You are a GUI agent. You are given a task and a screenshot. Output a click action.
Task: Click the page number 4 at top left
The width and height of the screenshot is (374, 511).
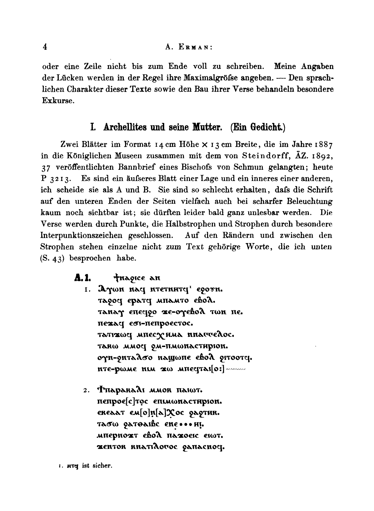(x=44, y=47)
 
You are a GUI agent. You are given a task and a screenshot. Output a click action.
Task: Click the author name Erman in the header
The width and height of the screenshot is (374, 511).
(x=194, y=48)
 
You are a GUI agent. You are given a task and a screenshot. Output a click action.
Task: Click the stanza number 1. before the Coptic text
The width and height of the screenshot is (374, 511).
(x=87, y=291)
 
